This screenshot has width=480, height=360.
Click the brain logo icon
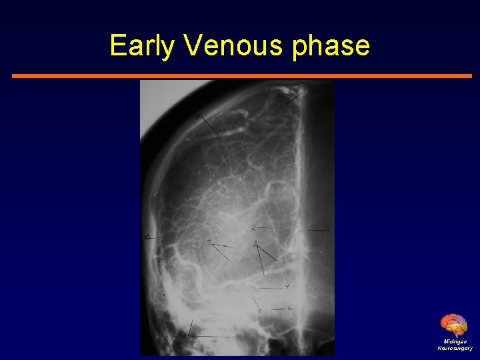click(x=454, y=325)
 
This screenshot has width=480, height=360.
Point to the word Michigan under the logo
click(x=455, y=341)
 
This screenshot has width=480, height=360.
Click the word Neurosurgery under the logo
click(x=455, y=348)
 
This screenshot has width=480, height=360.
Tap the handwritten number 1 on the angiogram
click(x=328, y=230)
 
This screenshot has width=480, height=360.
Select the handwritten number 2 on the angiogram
click(x=253, y=228)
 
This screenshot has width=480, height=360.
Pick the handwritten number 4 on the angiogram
click(x=287, y=287)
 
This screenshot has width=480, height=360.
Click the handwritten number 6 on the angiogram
click(x=290, y=308)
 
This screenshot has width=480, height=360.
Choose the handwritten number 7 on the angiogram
click(x=209, y=244)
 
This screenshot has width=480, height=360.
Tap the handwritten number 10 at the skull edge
click(x=147, y=237)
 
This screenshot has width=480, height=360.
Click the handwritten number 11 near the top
click(x=281, y=105)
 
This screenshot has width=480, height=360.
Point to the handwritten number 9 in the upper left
click(x=197, y=117)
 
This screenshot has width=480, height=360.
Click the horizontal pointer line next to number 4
click(x=270, y=289)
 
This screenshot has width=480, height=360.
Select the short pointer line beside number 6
click(x=279, y=309)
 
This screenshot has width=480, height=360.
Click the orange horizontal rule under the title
click(x=241, y=76)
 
